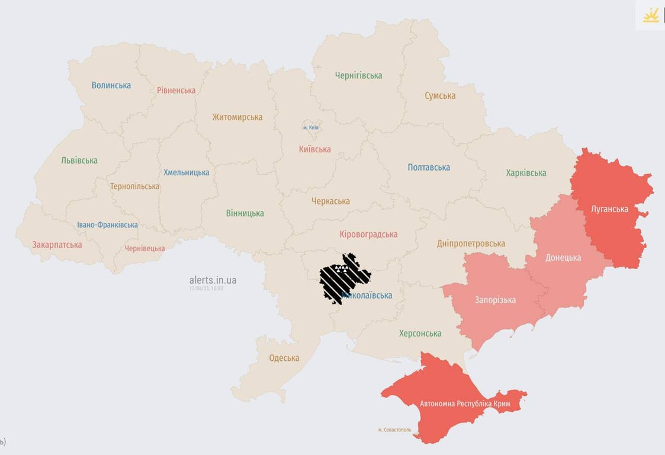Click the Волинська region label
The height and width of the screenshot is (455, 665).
coord(111,85)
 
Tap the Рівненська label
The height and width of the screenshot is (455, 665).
coord(176,91)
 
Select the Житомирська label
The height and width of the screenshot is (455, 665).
coord(237,117)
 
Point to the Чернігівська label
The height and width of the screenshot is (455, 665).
coord(358,76)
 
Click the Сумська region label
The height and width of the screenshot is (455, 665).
coord(440,96)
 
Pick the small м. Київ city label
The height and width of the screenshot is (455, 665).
coord(311,127)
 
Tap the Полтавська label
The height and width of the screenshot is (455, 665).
coord(429,168)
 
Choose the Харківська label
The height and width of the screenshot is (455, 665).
coord(526,173)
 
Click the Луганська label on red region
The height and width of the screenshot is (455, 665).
coord(609,209)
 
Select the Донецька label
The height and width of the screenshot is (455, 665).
coord(563,258)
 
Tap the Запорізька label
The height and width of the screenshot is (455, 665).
coord(495,300)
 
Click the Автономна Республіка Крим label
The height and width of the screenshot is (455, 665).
coord(465,404)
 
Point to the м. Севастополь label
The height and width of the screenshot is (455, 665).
coord(394,430)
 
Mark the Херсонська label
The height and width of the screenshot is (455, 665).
coord(420,334)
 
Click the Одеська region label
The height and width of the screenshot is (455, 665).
coord(284,358)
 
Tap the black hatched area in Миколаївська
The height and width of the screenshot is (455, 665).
coord(343,277)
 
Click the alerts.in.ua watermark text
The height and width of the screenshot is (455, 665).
coord(213,280)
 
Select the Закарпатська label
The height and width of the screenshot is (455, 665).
coord(57,245)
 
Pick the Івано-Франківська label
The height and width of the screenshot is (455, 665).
coord(107,225)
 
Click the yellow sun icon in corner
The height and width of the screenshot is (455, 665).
coord(651,15)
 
